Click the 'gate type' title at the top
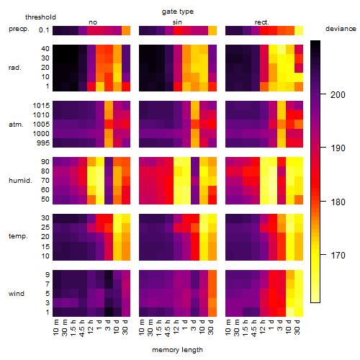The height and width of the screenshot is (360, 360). click(x=178, y=12)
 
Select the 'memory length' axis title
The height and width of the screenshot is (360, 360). click(x=177, y=350)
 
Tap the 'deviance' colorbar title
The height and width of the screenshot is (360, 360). click(x=341, y=29)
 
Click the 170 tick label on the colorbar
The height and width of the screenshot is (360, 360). click(x=338, y=255)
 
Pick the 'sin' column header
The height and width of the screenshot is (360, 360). click(x=177, y=22)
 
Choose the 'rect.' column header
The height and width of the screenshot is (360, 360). click(x=261, y=22)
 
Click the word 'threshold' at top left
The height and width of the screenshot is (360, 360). click(x=40, y=17)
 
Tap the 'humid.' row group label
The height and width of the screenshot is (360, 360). click(x=20, y=181)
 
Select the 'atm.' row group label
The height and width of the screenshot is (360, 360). click(x=16, y=125)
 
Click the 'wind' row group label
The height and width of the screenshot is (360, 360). click(x=17, y=294)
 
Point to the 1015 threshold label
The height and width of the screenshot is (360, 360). click(x=41, y=106)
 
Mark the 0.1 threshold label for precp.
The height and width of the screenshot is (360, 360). click(x=44, y=30)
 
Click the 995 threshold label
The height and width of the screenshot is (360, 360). click(x=43, y=143)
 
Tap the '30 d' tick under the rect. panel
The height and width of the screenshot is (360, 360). click(x=297, y=327)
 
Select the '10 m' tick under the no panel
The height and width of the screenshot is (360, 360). click(x=55, y=327)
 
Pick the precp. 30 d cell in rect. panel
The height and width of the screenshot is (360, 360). click(x=299, y=30)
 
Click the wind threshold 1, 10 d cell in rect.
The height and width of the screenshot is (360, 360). click(x=290, y=312)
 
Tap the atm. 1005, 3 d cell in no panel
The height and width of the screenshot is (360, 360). click(x=109, y=125)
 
